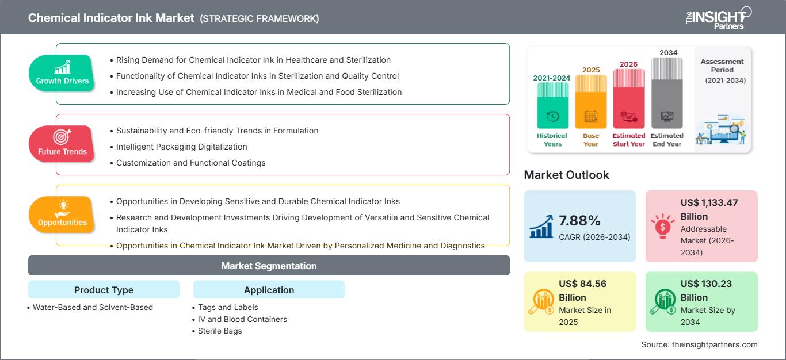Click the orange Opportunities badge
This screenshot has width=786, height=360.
point(62,215)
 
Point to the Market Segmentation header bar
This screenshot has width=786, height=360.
point(269,266)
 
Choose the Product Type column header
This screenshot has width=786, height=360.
point(104,290)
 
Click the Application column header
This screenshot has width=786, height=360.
point(269,290)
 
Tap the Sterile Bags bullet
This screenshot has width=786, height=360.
point(220,331)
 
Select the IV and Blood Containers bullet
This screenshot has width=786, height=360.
point(242,319)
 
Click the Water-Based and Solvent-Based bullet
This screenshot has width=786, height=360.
point(93,307)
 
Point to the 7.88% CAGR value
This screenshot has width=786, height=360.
point(579,221)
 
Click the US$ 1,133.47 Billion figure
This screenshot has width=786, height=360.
point(709,209)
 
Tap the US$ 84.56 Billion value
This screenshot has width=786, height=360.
point(582,290)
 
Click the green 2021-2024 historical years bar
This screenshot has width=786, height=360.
point(552,105)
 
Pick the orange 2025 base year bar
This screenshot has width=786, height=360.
point(591,102)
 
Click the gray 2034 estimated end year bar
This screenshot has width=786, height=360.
point(667,93)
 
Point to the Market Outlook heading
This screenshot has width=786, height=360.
point(566,175)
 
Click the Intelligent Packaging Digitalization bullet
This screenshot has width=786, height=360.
point(181,147)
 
